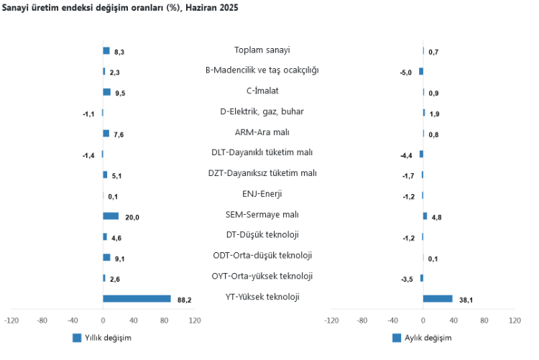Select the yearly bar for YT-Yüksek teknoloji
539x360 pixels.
(137, 298)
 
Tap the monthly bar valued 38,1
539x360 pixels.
(438, 298)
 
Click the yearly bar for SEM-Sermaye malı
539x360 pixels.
(111, 216)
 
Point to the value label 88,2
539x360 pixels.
(185, 300)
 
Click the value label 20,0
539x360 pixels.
(132, 217)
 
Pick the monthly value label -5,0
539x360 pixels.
(406, 73)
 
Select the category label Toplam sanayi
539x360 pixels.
(257, 50)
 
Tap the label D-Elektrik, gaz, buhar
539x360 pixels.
(257, 111)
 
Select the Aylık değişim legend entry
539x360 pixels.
(423, 338)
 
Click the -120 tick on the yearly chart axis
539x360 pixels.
(11, 320)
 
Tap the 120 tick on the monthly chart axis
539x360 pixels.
(515, 320)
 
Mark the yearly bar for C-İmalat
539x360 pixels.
(106, 92)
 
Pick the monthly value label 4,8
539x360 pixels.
(436, 217)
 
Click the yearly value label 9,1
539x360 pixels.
(119, 259)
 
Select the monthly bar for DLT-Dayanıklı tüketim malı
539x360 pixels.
(421, 154)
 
